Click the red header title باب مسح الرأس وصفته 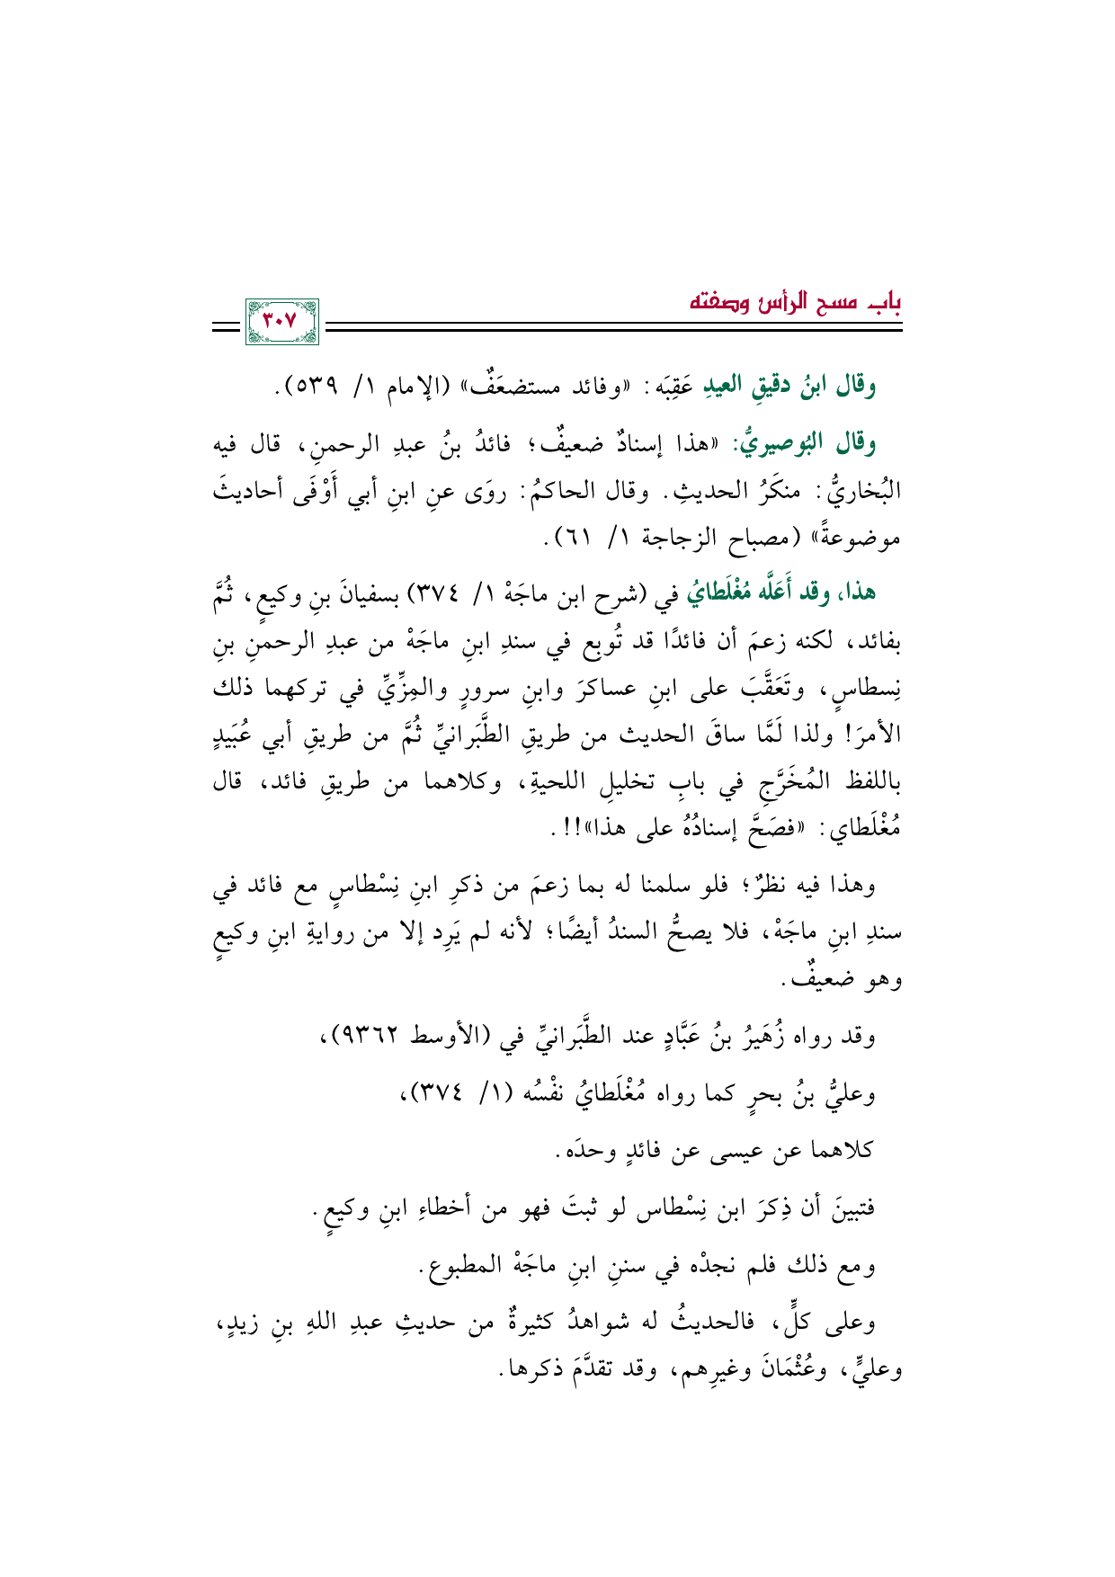click(795, 301)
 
